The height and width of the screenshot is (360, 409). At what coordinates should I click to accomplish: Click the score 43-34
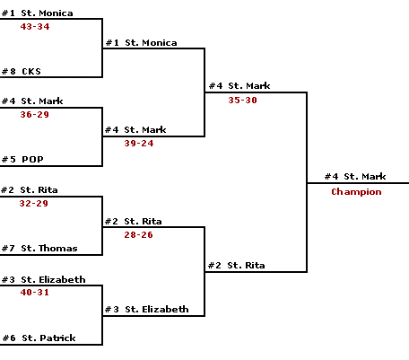(x=35, y=27)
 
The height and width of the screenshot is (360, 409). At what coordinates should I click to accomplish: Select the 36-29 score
(x=34, y=115)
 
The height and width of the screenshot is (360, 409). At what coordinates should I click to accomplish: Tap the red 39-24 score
(x=139, y=144)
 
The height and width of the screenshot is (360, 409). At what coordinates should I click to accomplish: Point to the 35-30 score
(x=242, y=101)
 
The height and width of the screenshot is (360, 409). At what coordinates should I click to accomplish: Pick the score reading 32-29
(x=33, y=204)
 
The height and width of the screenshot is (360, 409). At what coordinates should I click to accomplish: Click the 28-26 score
(x=138, y=235)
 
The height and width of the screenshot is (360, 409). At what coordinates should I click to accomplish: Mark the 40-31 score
(x=34, y=293)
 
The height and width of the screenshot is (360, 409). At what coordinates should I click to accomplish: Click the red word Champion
(x=356, y=192)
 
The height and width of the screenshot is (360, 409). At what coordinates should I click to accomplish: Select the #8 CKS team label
(x=22, y=72)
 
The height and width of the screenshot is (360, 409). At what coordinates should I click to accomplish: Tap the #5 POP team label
(x=22, y=160)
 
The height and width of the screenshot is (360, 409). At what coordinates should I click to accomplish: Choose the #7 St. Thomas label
(x=39, y=249)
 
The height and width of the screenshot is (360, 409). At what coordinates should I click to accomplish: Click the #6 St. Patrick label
(x=39, y=338)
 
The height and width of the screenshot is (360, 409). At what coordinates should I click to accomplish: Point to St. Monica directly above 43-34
(x=47, y=13)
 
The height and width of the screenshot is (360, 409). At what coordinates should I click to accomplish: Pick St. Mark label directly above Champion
(x=365, y=177)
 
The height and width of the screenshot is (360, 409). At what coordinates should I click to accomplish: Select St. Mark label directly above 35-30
(x=249, y=86)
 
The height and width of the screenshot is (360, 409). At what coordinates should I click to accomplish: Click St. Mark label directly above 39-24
(x=145, y=130)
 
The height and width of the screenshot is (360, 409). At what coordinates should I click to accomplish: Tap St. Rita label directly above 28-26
(x=143, y=222)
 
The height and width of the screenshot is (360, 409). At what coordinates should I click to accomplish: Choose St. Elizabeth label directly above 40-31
(x=53, y=280)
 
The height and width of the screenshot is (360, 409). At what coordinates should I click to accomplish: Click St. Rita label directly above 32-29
(x=39, y=190)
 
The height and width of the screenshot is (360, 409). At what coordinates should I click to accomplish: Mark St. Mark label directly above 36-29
(x=42, y=101)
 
